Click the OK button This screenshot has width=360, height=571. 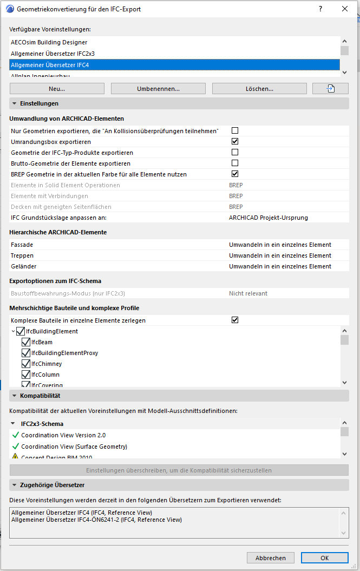tap(324, 557)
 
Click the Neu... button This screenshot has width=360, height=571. tap(57, 89)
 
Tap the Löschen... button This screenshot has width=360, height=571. tap(259, 89)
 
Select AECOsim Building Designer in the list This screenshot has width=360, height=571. tap(49, 42)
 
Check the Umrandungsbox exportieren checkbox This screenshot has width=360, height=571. tap(235, 141)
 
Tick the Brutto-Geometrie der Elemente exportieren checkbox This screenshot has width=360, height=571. tap(235, 163)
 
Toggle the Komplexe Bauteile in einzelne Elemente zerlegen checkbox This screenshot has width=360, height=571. tap(235, 320)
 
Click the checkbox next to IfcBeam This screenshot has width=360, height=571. tap(26, 342)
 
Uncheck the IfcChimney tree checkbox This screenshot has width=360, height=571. tap(26, 364)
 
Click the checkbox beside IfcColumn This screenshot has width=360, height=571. tap(26, 375)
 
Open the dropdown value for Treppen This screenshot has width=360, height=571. tap(280, 255)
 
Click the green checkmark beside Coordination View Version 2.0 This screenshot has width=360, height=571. tap(15, 435)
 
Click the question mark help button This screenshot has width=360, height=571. tap(320, 9)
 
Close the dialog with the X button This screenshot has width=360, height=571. tap(345, 9)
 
